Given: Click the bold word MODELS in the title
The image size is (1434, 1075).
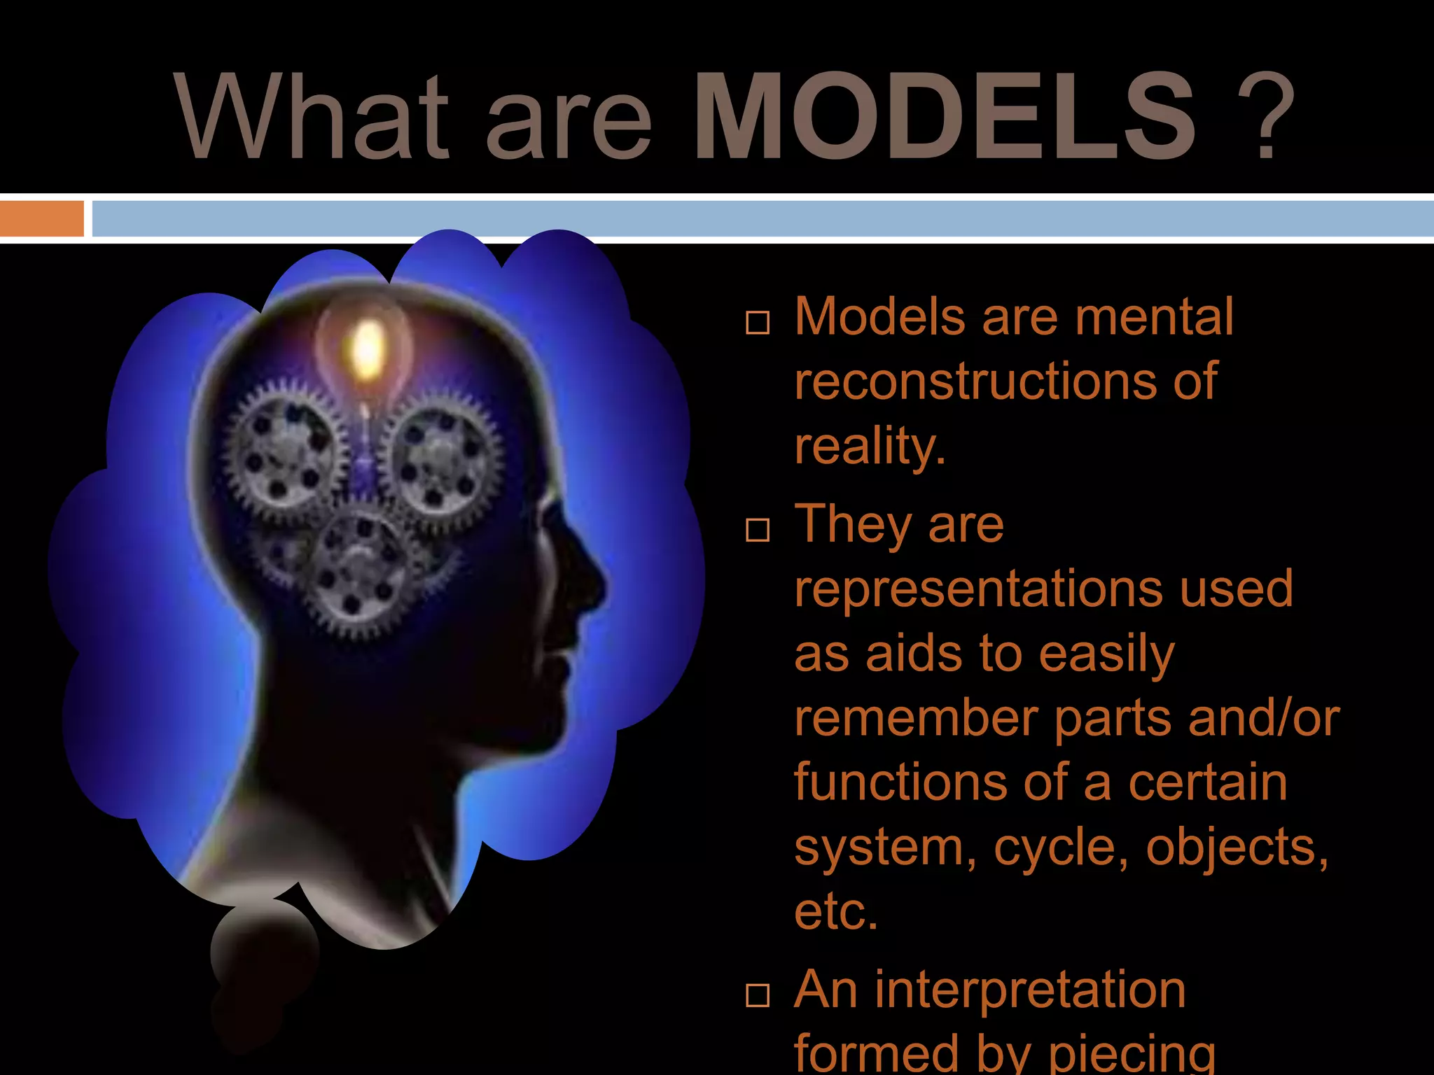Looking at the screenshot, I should pos(944,118).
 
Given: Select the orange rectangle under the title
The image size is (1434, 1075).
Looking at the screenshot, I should pos(41,219).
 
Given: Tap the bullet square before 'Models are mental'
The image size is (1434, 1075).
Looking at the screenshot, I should pos(757,323).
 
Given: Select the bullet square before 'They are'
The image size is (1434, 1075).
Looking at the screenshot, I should pos(757,530).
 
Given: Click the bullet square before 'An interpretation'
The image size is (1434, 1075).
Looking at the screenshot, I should pos(757,995).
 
